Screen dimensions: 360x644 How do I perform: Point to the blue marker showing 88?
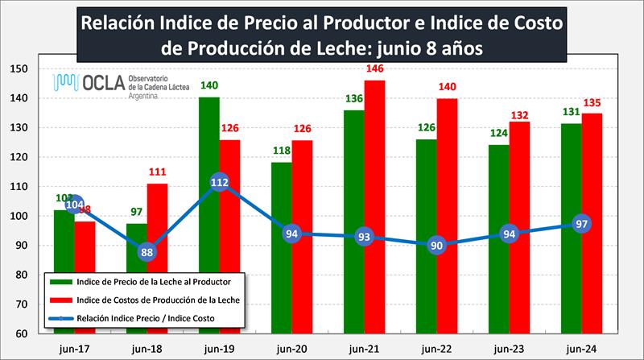click(147, 251)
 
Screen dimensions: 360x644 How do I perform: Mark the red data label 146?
click(375, 69)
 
